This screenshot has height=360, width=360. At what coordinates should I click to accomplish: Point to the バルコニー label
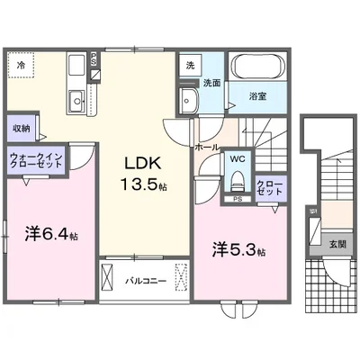144,281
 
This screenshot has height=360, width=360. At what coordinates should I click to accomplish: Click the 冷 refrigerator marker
21,65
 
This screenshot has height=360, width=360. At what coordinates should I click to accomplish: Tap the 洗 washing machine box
190,66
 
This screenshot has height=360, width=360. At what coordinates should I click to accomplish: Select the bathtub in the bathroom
256,68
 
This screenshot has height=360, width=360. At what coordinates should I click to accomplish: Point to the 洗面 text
211,83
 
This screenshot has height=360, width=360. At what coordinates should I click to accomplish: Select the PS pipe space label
237,199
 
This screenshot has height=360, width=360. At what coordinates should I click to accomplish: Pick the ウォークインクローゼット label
36,161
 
